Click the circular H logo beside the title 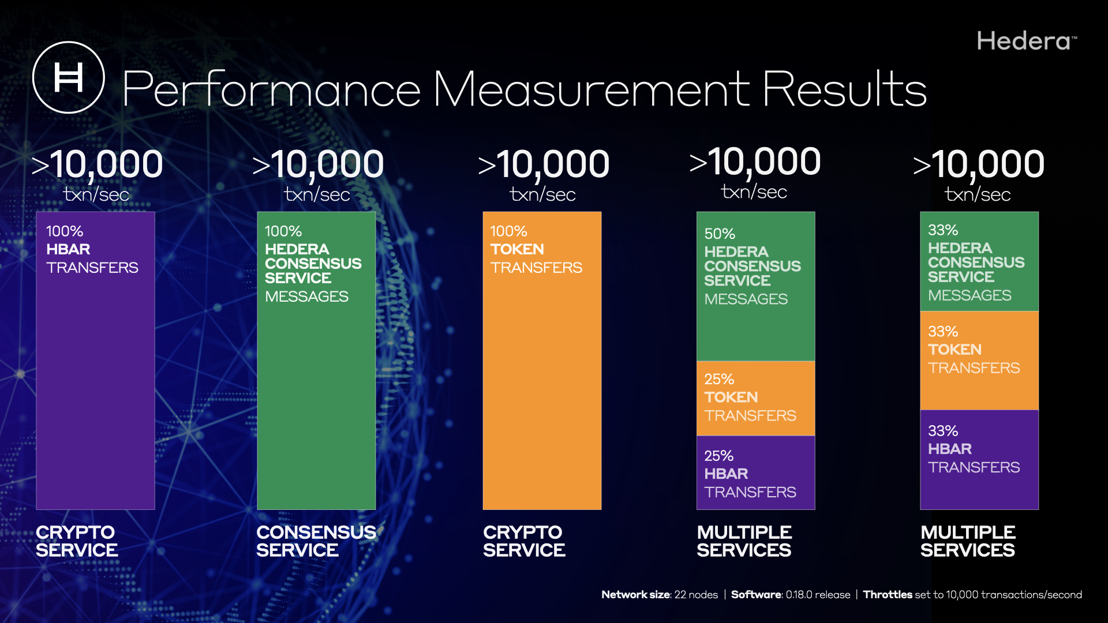point(69,77)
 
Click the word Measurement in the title point(591,89)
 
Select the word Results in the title point(844,89)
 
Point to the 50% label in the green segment point(720,234)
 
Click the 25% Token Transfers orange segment point(755,398)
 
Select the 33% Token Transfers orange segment point(979,361)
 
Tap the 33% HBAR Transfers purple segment point(979,460)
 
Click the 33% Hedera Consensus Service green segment point(979,262)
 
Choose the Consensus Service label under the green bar point(316,541)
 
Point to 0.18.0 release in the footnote point(818,595)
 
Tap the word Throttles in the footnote point(888,595)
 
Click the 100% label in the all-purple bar point(65,231)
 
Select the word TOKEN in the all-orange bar point(517,249)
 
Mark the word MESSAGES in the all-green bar point(306,297)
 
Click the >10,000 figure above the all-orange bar point(544,164)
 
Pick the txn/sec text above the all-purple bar point(96,194)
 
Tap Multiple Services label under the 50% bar point(744,541)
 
